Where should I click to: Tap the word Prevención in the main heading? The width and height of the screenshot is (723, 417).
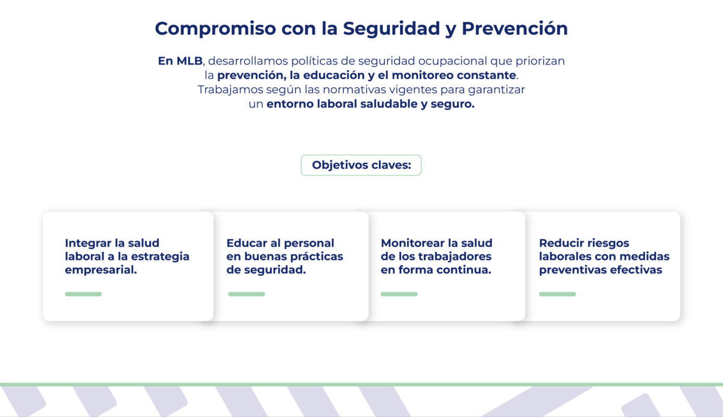click(515, 28)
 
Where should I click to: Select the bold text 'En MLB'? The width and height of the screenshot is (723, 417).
click(180, 60)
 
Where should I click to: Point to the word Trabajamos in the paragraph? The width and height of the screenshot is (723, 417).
click(230, 89)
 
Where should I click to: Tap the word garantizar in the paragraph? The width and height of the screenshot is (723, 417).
click(496, 89)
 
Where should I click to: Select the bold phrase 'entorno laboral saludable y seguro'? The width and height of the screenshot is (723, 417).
click(370, 104)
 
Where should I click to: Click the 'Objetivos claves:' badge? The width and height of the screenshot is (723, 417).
click(361, 165)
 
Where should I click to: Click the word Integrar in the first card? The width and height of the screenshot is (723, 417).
click(86, 243)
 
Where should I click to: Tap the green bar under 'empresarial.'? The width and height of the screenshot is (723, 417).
click(83, 294)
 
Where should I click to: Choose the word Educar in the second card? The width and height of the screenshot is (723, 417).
click(246, 243)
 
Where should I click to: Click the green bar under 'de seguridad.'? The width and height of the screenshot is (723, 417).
click(246, 294)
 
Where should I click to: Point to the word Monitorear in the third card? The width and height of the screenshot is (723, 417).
click(413, 243)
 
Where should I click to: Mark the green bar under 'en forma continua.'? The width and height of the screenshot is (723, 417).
click(399, 294)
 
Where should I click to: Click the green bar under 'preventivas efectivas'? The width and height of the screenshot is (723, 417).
click(557, 294)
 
